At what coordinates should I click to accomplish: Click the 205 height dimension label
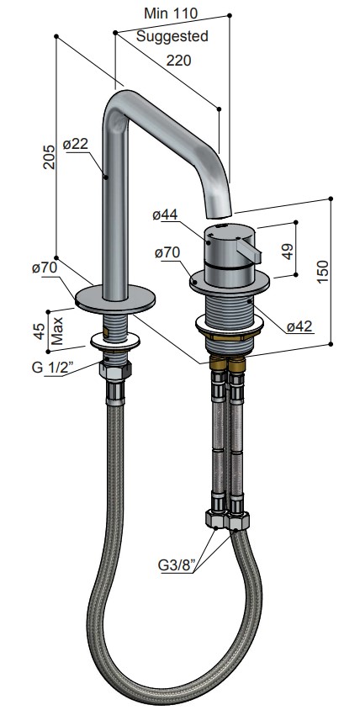[x=50, y=156]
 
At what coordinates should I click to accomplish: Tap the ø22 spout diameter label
[x=75, y=145]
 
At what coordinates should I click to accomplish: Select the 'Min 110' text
[x=171, y=13]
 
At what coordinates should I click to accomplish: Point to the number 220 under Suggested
[x=178, y=61]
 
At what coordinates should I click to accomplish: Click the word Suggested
[x=172, y=36]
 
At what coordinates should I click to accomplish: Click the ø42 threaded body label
[x=299, y=326]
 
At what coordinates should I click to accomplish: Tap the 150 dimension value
[x=322, y=272]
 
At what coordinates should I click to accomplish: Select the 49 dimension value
[x=288, y=251]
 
